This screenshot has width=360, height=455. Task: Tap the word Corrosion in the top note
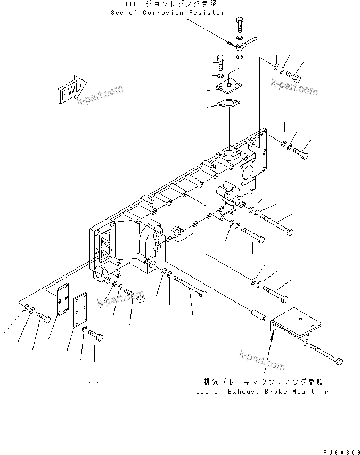click(x=162, y=13)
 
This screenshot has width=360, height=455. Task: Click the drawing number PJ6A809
click(x=340, y=450)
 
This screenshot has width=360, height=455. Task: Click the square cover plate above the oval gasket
click(x=229, y=83)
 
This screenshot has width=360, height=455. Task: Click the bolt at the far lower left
click(x=43, y=319)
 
